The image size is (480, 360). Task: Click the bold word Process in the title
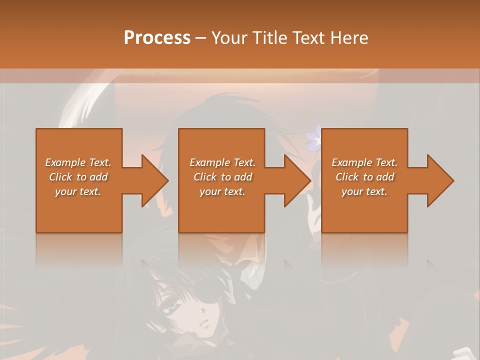(x=157, y=38)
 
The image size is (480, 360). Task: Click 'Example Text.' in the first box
(x=78, y=162)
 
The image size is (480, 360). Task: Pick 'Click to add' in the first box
(x=78, y=177)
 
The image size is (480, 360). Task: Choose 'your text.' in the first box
(x=78, y=191)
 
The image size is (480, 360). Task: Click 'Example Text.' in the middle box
(x=222, y=162)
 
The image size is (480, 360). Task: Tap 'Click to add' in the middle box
(x=222, y=177)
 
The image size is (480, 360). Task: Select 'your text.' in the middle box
(x=222, y=191)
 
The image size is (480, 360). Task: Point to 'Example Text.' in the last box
(x=364, y=162)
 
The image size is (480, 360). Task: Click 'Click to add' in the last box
(x=364, y=177)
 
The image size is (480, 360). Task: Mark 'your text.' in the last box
(x=364, y=191)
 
